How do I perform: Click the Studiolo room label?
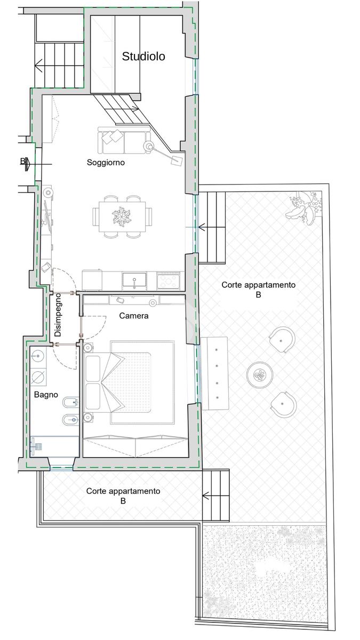click(x=143, y=57)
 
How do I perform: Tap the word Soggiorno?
click(x=106, y=163)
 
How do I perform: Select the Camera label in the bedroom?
click(x=134, y=316)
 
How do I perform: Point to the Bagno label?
click(x=46, y=395)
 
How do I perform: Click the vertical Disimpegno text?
click(x=58, y=315)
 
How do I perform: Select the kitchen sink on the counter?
click(x=134, y=280)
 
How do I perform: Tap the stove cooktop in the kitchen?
click(x=169, y=281)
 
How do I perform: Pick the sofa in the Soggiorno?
click(x=124, y=140)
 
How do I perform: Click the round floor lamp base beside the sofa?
click(x=148, y=146)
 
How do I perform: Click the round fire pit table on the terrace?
click(x=260, y=374)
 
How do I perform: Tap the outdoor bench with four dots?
click(x=214, y=373)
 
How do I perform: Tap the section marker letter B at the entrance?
click(x=22, y=162)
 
